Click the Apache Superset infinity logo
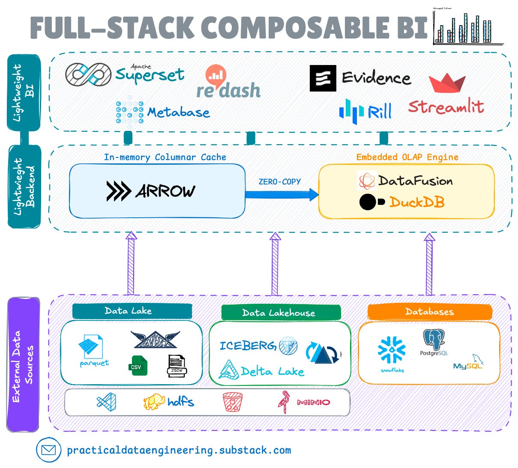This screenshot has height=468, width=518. point(88,74)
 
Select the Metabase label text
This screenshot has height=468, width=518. point(179,113)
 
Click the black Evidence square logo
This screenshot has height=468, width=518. point(323,78)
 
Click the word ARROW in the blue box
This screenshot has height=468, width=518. point(165,191)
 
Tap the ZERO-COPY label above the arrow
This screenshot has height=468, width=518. point(279,181)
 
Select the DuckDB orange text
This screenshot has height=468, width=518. point(416,202)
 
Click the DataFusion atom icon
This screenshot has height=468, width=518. point(367,181)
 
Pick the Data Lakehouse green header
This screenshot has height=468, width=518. point(281,313)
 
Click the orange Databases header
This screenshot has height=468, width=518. point(429,311)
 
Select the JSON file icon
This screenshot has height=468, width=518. point(177,366)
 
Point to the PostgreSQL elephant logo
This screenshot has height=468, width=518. point(434,340)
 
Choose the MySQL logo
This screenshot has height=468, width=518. point(468,363)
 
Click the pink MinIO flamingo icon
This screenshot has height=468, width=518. point(284,402)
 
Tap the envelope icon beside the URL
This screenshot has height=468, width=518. point(48,450)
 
